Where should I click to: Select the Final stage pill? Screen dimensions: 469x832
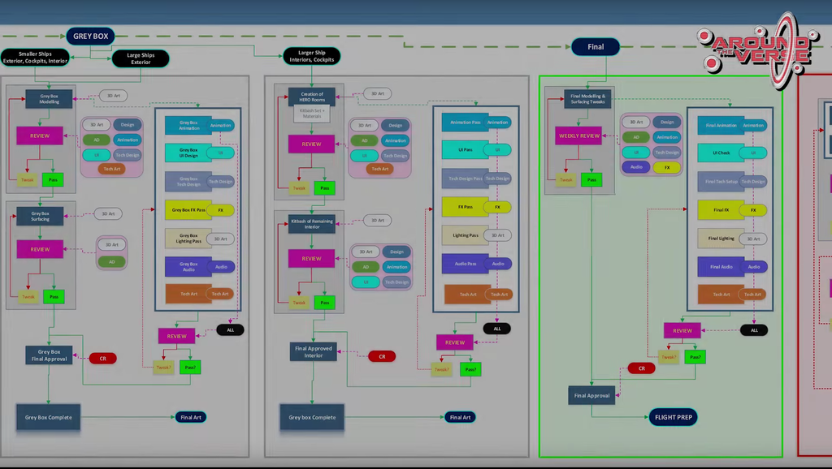coord(596,47)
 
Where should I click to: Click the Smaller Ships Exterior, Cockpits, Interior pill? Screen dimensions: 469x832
coord(35,57)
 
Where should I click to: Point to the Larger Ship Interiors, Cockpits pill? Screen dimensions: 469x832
coord(312,56)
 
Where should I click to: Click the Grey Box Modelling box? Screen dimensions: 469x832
coord(49,98)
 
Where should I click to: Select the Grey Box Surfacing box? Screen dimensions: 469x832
coord(41,215)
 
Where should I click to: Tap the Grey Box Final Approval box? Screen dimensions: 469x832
coord(49,355)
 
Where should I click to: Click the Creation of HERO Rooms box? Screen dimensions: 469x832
coord(312,97)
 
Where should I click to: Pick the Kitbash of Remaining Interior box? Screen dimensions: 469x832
coord(312,223)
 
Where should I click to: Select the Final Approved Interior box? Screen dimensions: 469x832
coord(314,351)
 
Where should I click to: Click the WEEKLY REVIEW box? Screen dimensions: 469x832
coord(578,136)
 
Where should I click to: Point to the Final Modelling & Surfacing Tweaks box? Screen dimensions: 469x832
coord(587,99)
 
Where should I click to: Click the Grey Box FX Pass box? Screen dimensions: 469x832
coord(188,210)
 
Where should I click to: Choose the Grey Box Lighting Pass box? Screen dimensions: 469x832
coord(188,239)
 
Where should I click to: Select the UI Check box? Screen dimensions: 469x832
coord(721,153)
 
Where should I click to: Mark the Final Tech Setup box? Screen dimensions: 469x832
coord(721,182)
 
